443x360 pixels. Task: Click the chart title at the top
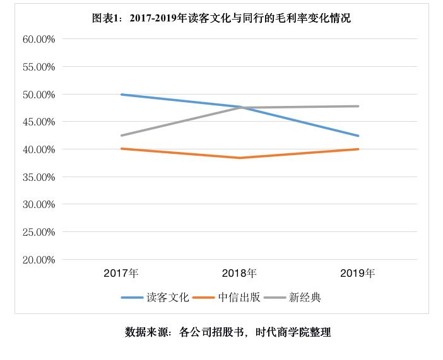[222, 19]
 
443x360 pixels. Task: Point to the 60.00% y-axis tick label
[39, 39]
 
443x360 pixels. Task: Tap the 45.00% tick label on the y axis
[39, 122]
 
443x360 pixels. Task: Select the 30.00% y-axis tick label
[39, 204]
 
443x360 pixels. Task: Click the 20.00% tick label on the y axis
[39, 260]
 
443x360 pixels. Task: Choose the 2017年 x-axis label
[121, 274]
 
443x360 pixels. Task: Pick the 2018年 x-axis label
[239, 274]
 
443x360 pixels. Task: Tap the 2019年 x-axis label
[358, 274]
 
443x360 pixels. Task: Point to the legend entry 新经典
[305, 298]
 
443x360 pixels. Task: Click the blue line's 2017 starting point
[121, 95]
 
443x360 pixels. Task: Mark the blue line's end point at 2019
[358, 136]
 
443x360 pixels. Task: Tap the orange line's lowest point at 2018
[240, 158]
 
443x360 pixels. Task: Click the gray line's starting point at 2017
[121, 135]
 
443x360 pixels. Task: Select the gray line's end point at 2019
[358, 106]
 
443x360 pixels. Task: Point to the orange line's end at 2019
[358, 149]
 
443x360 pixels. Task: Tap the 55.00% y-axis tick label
[39, 67]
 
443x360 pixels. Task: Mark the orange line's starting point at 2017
[121, 149]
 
